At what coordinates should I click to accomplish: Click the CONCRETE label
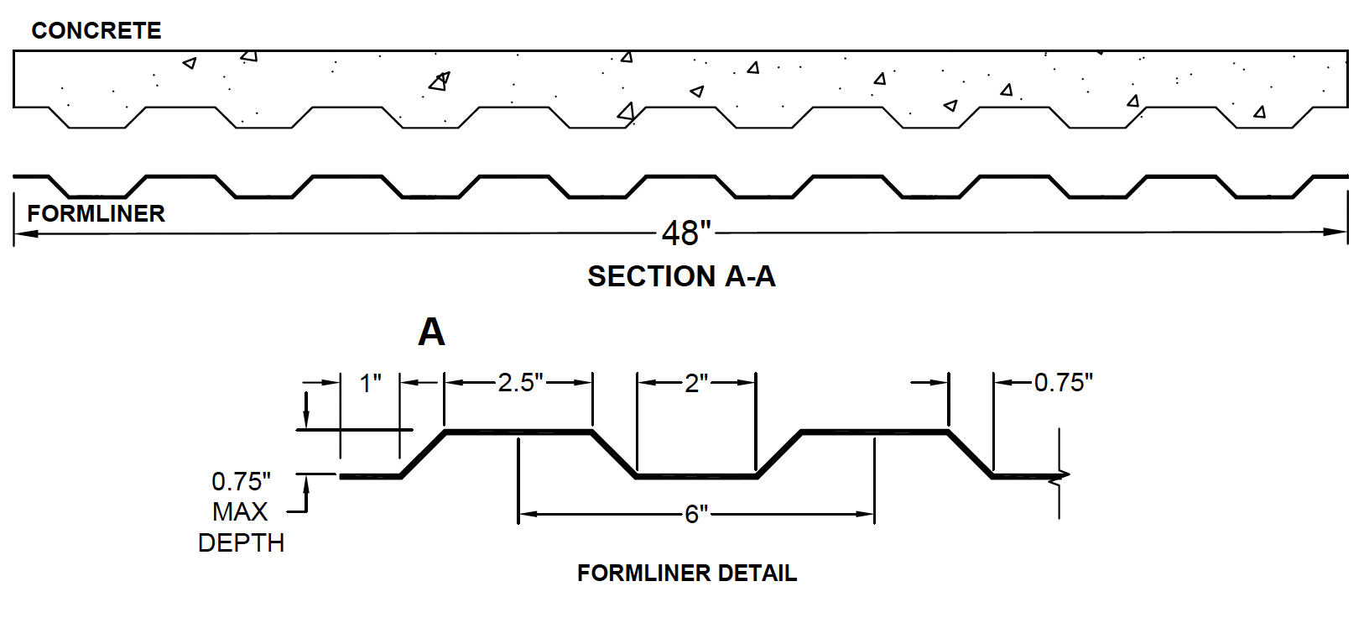tap(96, 30)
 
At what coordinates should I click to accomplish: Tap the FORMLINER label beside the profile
tap(96, 214)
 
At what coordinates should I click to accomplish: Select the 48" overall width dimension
tap(686, 233)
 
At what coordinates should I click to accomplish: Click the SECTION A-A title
tap(681, 276)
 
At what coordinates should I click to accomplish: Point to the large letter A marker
tap(431, 333)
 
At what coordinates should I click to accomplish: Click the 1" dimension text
tap(370, 384)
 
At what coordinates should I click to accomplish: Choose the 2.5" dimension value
tap(521, 383)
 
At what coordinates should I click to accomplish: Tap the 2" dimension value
tap(696, 384)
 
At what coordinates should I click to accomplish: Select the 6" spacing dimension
tap(696, 515)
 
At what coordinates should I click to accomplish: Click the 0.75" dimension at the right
tap(1063, 383)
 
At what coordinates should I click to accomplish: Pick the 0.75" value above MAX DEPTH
tap(241, 482)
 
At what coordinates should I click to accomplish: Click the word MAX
tap(240, 512)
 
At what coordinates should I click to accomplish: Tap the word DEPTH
tap(241, 543)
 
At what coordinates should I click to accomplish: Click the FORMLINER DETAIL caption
tap(687, 573)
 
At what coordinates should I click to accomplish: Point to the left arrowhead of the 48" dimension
tap(25, 233)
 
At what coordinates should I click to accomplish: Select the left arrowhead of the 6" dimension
tap(528, 515)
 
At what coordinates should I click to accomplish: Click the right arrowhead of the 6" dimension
tap(865, 515)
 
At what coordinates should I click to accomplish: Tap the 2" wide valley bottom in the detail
tap(696, 476)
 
